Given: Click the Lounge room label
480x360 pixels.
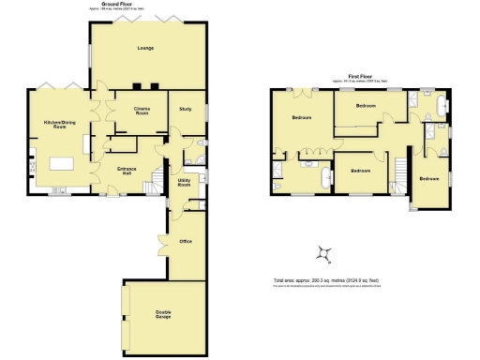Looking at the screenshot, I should pyautogui.click(x=144, y=47).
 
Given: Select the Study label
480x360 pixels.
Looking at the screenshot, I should pyautogui.click(x=184, y=110).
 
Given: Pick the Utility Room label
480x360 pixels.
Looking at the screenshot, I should pyautogui.click(x=184, y=178).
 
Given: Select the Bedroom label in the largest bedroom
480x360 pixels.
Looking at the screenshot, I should pyautogui.click(x=302, y=118).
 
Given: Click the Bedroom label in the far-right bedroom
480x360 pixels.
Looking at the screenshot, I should pyautogui.click(x=428, y=178).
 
